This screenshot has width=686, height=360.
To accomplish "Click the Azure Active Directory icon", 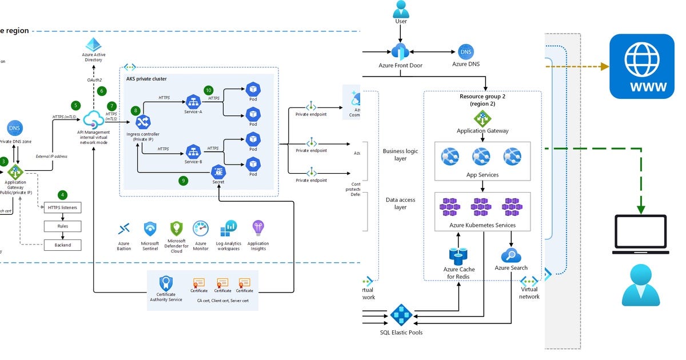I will pyautogui.click(x=93, y=45).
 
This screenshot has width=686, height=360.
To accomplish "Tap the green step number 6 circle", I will pyautogui.click(x=102, y=91).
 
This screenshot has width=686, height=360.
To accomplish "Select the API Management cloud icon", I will pyautogui.click(x=92, y=120).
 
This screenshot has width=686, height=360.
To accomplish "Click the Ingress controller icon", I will pyautogui.click(x=142, y=121).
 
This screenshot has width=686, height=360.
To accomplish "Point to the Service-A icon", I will pyautogui.click(x=193, y=101).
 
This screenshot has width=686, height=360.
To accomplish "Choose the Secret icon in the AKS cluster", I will pyautogui.click(x=218, y=171).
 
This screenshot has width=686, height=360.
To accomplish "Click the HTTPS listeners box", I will pyautogui.click(x=63, y=207).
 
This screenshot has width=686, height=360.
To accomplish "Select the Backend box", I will pyautogui.click(x=63, y=245).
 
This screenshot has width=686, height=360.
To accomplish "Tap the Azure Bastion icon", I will pyautogui.click(x=123, y=230).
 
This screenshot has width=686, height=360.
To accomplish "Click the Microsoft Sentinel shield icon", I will pyautogui.click(x=150, y=229).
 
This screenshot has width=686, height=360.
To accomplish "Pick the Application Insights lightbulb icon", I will pyautogui.click(x=258, y=229).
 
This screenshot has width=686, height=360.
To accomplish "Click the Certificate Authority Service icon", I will pyautogui.click(x=166, y=283).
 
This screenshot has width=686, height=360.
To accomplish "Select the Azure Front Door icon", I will pyautogui.click(x=400, y=51).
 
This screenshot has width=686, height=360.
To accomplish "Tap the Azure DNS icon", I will pyautogui.click(x=466, y=52).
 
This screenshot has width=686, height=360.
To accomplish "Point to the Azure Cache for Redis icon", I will pyautogui.click(x=458, y=256).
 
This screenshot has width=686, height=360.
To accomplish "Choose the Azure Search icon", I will pyautogui.click(x=510, y=255).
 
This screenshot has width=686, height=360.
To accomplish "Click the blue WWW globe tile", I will pyautogui.click(x=641, y=66).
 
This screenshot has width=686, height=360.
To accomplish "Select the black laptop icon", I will pyautogui.click(x=640, y=234).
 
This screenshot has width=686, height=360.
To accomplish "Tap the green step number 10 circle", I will pyautogui.click(x=208, y=90).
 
